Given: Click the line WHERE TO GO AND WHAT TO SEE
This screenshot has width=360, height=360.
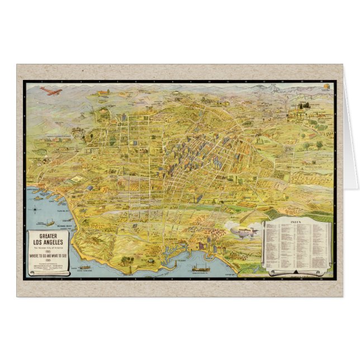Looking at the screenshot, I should click(x=50, y=255).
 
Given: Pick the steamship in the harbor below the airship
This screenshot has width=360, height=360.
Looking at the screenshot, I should click(x=198, y=269).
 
